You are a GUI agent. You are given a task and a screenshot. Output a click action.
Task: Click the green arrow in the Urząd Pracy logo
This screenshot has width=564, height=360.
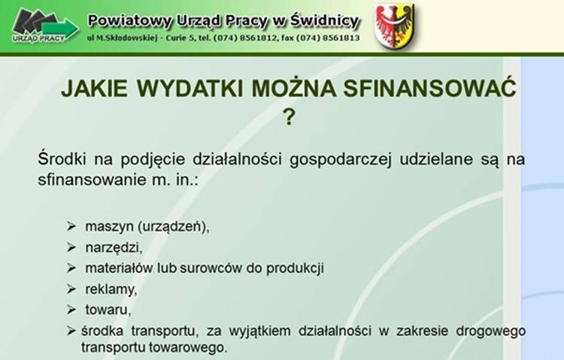click(60, 29)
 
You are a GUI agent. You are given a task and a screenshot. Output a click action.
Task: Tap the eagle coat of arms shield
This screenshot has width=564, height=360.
click(395, 26)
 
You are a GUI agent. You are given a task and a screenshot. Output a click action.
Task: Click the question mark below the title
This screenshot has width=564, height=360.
click(289, 117)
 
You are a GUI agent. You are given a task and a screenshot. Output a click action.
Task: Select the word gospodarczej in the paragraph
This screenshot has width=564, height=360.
click(340, 159)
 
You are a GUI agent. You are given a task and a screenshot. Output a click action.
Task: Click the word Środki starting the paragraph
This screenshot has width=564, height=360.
click(62, 159)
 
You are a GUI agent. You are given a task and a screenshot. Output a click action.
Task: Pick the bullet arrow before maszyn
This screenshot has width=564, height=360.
click(71, 226)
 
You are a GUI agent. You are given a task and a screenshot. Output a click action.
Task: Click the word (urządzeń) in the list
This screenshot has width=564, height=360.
click(174, 227)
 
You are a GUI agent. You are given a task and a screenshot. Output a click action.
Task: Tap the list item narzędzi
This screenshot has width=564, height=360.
click(114, 248)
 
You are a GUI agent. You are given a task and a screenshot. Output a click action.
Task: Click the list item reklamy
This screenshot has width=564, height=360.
click(111, 289)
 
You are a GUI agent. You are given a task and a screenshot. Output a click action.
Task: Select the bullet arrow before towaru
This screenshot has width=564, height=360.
click(71, 310)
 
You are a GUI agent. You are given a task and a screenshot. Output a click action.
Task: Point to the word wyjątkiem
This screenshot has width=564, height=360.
click(259, 331)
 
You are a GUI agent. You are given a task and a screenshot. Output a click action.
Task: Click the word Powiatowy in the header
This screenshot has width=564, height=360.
click(130, 21)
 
